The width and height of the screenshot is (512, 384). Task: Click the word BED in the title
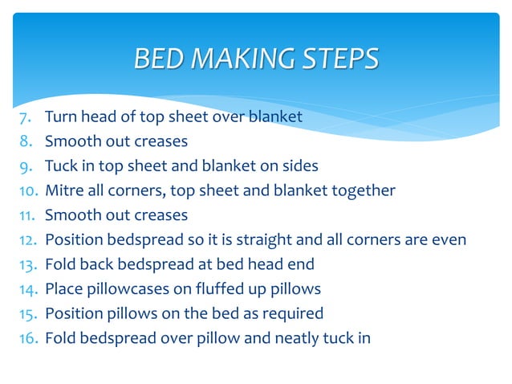point(156,59)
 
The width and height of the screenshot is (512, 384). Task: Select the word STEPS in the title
point(338,59)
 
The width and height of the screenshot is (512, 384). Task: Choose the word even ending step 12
point(448,239)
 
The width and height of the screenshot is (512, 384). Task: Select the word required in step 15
point(292,313)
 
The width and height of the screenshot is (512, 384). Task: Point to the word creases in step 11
point(160,215)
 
